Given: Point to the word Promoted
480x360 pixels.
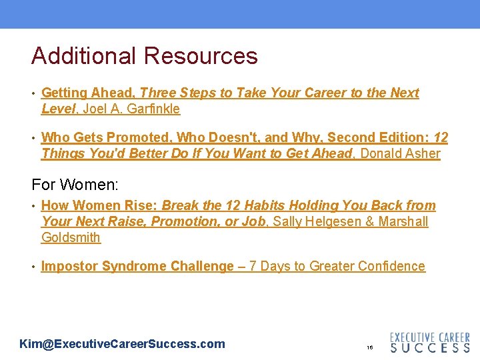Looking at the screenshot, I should [138, 138].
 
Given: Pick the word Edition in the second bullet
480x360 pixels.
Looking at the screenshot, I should [397, 138].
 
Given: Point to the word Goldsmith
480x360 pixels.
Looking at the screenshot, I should [71, 237].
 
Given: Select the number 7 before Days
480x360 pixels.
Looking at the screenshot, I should [253, 267].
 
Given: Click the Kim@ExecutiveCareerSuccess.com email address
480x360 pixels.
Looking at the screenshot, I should [122, 344].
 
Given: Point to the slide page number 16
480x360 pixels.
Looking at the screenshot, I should [369, 348].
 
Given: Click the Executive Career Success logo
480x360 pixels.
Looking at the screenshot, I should [429, 342].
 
